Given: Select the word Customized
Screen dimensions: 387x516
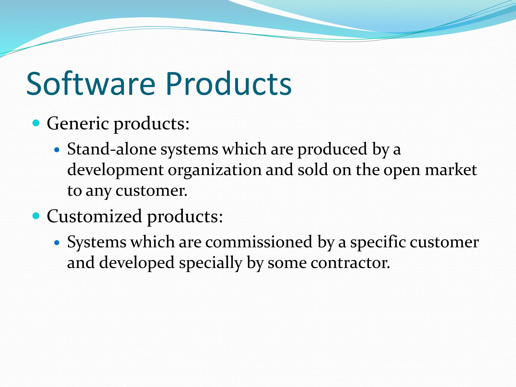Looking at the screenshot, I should coord(94,216).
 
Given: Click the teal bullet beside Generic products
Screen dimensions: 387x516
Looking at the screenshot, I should coord(37,123).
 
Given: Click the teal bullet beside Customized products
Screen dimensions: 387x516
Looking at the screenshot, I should coord(37,216).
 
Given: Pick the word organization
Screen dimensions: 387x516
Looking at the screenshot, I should coord(215,170).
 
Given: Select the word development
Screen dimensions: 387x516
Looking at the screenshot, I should coord(116,170).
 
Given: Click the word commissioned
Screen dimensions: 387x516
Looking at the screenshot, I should coord(259,242).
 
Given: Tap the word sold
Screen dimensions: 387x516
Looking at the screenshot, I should coord(313,170).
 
